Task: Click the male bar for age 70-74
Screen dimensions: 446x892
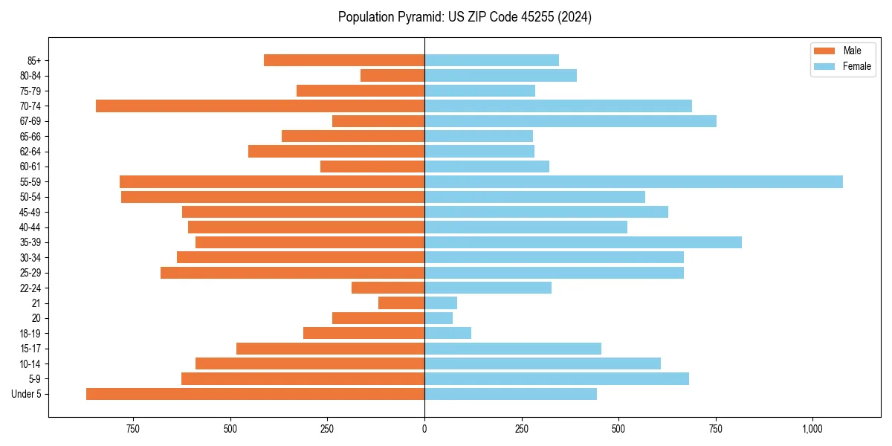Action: (x=260, y=106)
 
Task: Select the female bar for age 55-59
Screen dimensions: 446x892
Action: (x=633, y=181)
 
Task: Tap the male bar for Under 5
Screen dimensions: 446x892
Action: (x=255, y=394)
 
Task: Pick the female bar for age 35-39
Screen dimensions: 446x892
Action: (x=583, y=242)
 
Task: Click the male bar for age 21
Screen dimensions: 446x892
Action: (x=401, y=303)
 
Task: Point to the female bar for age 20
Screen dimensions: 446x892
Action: (x=439, y=318)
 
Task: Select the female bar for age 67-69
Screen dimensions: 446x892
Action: (x=570, y=121)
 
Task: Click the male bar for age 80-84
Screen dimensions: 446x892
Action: (x=392, y=75)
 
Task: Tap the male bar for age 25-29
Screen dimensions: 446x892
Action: (x=292, y=273)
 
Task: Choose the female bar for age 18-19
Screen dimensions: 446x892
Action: (x=447, y=333)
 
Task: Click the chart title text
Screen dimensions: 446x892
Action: (x=465, y=17)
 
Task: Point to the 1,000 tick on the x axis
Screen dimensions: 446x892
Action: (x=812, y=429)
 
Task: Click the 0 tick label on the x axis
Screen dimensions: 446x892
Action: (x=424, y=429)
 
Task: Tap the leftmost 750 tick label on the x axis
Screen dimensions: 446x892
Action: (x=133, y=429)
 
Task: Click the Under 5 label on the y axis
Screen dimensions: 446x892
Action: (x=26, y=394)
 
